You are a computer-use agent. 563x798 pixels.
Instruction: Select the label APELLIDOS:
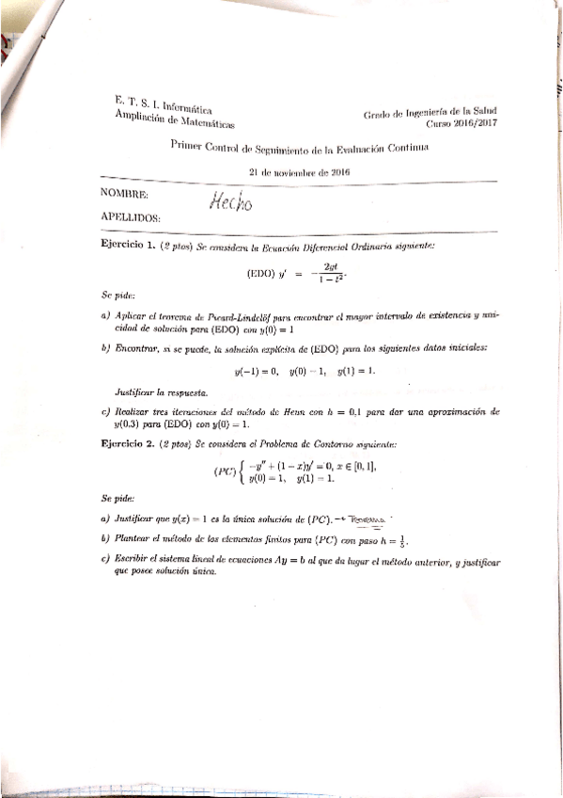coord(129,219)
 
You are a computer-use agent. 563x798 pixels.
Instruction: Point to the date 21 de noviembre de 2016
coord(299,172)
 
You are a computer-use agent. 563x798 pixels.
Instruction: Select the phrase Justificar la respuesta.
coord(168,391)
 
